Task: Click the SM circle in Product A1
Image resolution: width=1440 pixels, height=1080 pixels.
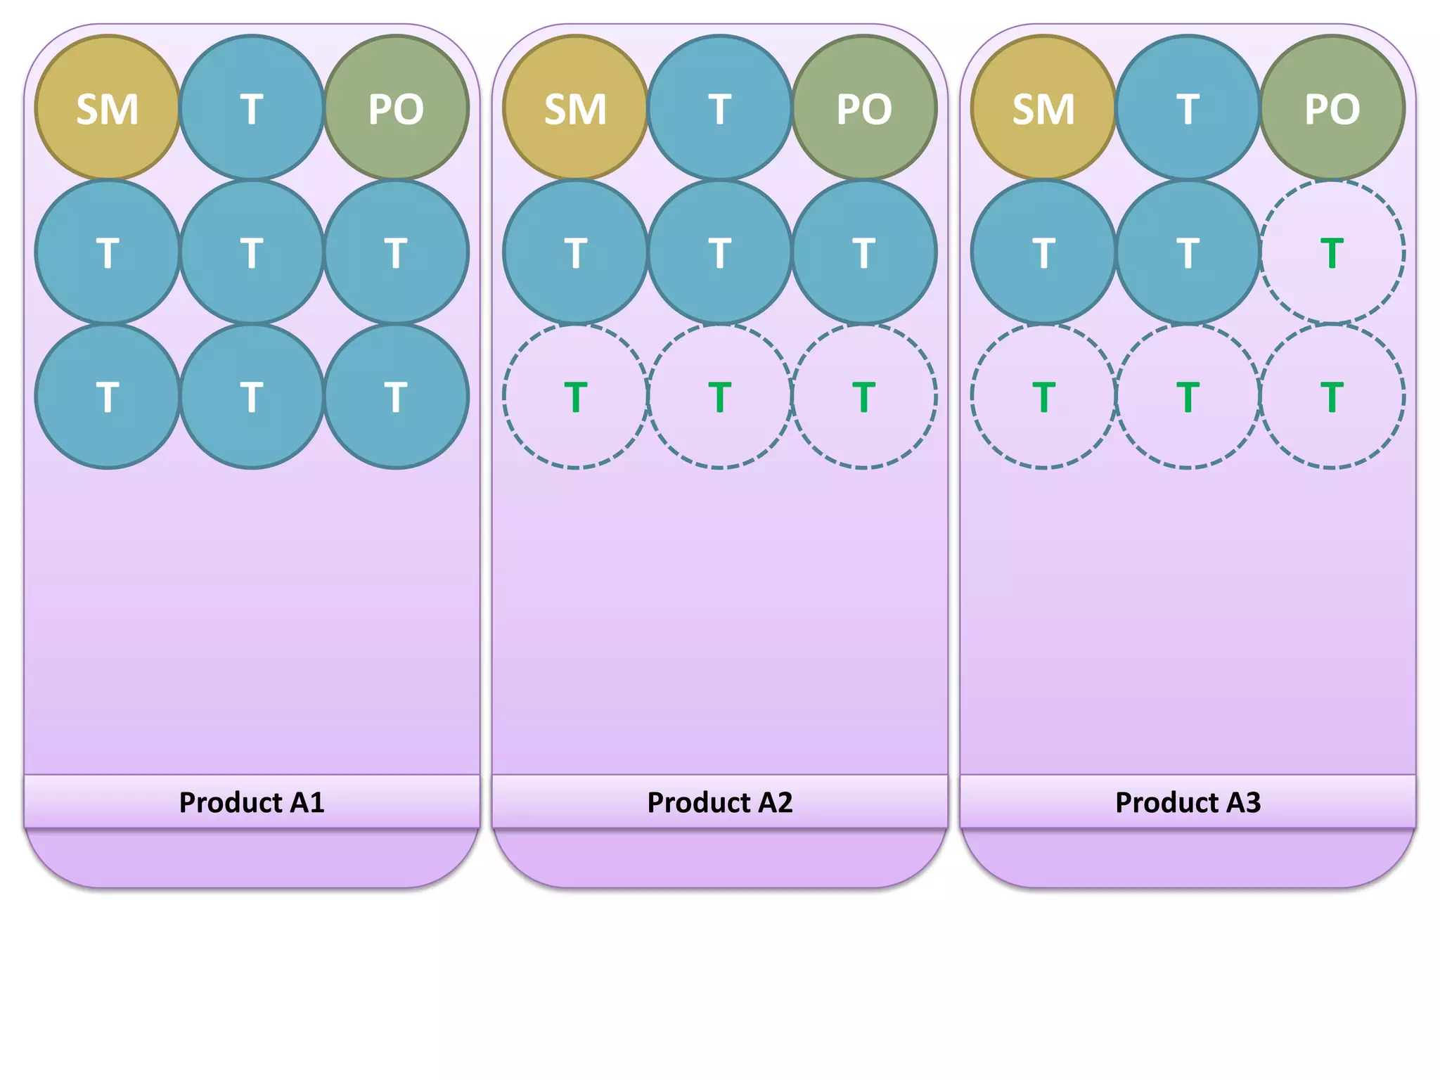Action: point(108,108)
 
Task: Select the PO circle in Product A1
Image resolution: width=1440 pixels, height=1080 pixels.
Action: point(396,108)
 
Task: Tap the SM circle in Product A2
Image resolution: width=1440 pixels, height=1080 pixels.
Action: point(575,108)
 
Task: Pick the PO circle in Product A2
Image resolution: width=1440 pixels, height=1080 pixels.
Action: point(864,108)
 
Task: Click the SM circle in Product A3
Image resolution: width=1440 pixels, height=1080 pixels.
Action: point(1043,108)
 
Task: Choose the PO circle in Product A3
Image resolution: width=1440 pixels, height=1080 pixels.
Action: point(1332,108)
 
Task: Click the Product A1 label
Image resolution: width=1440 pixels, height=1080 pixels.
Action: point(252,802)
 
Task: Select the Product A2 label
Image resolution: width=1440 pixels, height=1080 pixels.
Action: point(720,802)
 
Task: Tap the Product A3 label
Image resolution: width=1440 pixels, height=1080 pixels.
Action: point(1188,802)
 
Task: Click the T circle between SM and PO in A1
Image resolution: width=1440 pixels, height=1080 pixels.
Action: point(252,108)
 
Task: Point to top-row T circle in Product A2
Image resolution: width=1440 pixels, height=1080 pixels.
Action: point(720,108)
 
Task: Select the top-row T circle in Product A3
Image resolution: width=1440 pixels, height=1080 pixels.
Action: point(1188,108)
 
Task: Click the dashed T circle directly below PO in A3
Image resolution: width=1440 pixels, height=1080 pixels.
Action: point(1332,252)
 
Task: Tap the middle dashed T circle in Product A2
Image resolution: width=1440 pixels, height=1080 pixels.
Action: point(720,397)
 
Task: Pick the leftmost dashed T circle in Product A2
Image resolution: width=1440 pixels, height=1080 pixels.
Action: point(575,397)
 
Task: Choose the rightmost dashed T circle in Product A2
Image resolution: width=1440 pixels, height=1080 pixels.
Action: point(864,397)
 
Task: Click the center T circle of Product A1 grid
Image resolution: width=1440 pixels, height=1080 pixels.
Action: point(252,252)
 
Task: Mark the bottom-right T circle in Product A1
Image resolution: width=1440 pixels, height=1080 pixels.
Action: point(396,397)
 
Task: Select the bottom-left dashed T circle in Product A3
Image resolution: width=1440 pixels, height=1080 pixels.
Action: point(1043,397)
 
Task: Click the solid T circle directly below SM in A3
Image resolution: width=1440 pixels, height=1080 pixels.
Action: point(1043,252)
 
